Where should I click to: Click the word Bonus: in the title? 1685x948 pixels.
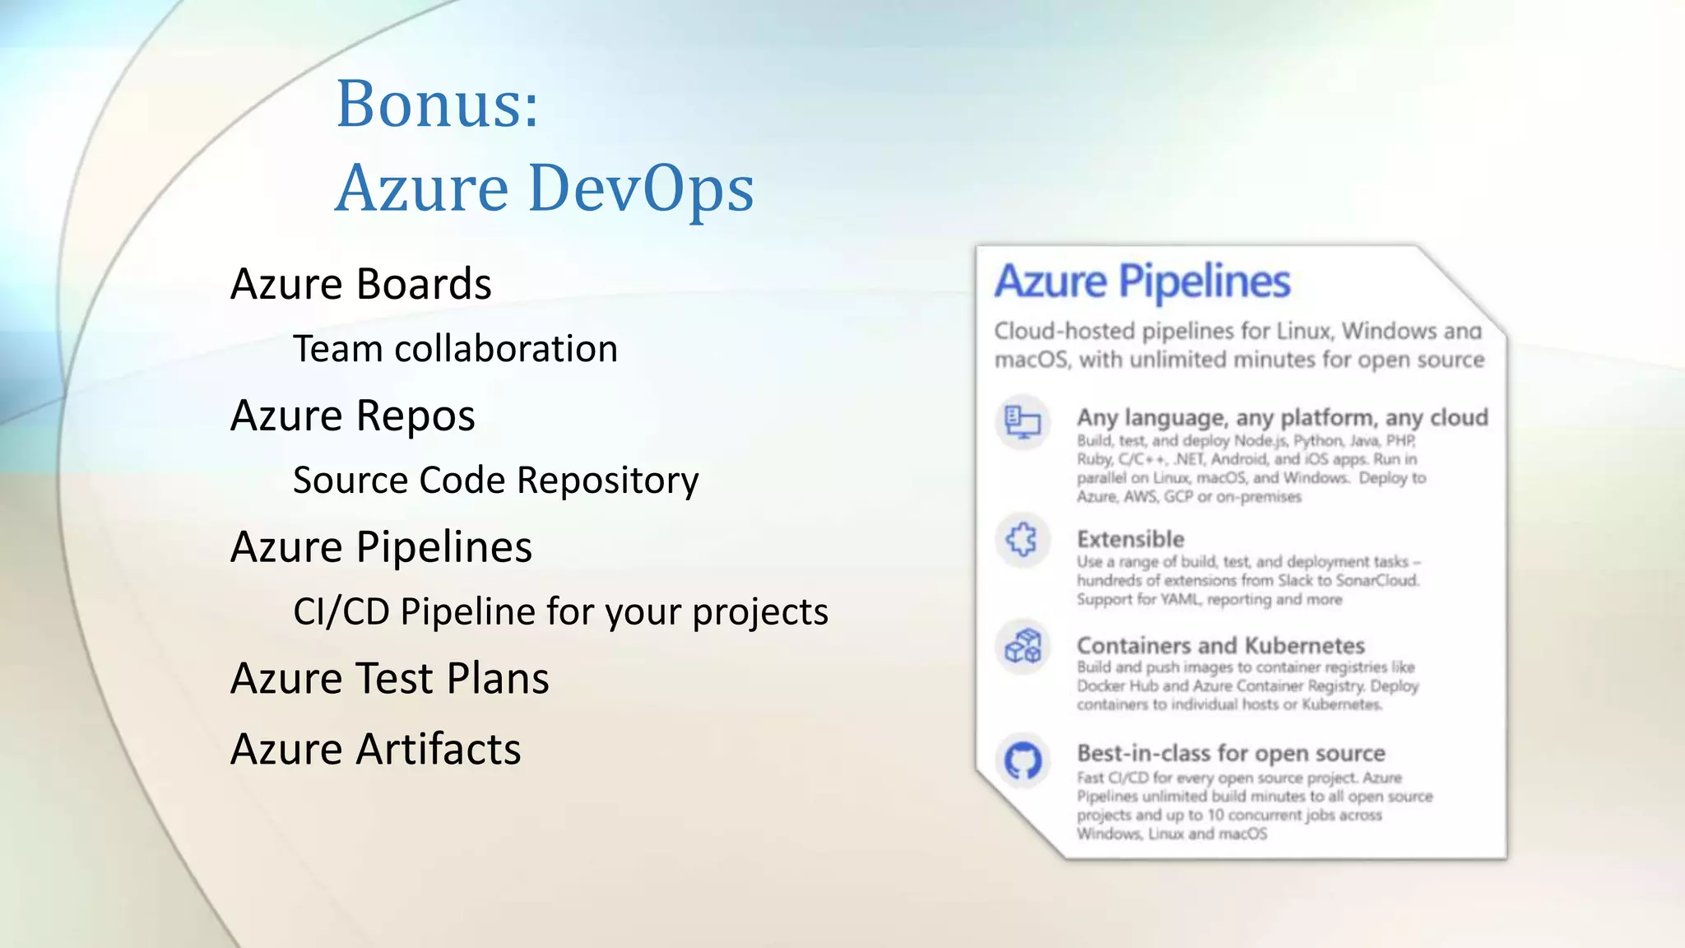[x=437, y=105]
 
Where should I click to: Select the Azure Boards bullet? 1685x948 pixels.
[x=360, y=284]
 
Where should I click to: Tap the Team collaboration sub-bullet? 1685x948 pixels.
[x=455, y=349]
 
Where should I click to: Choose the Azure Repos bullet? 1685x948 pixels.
[x=352, y=416]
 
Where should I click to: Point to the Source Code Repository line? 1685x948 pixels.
[x=495, y=481]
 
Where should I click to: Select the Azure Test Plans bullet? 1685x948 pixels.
[x=389, y=679]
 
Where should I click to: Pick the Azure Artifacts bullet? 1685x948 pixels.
[x=375, y=750]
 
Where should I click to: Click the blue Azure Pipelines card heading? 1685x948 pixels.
[x=1142, y=281]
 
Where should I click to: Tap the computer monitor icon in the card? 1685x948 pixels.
[x=1023, y=422]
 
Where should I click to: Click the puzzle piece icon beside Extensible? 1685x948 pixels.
[x=1023, y=541]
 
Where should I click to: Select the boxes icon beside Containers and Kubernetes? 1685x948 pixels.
[x=1023, y=647]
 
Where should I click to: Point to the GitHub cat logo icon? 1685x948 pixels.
[x=1023, y=760]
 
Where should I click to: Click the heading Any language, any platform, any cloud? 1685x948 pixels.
[x=1282, y=418]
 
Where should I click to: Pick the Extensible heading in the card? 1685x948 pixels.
[x=1130, y=540]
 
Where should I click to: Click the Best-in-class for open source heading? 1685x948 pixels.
[x=1231, y=754]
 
